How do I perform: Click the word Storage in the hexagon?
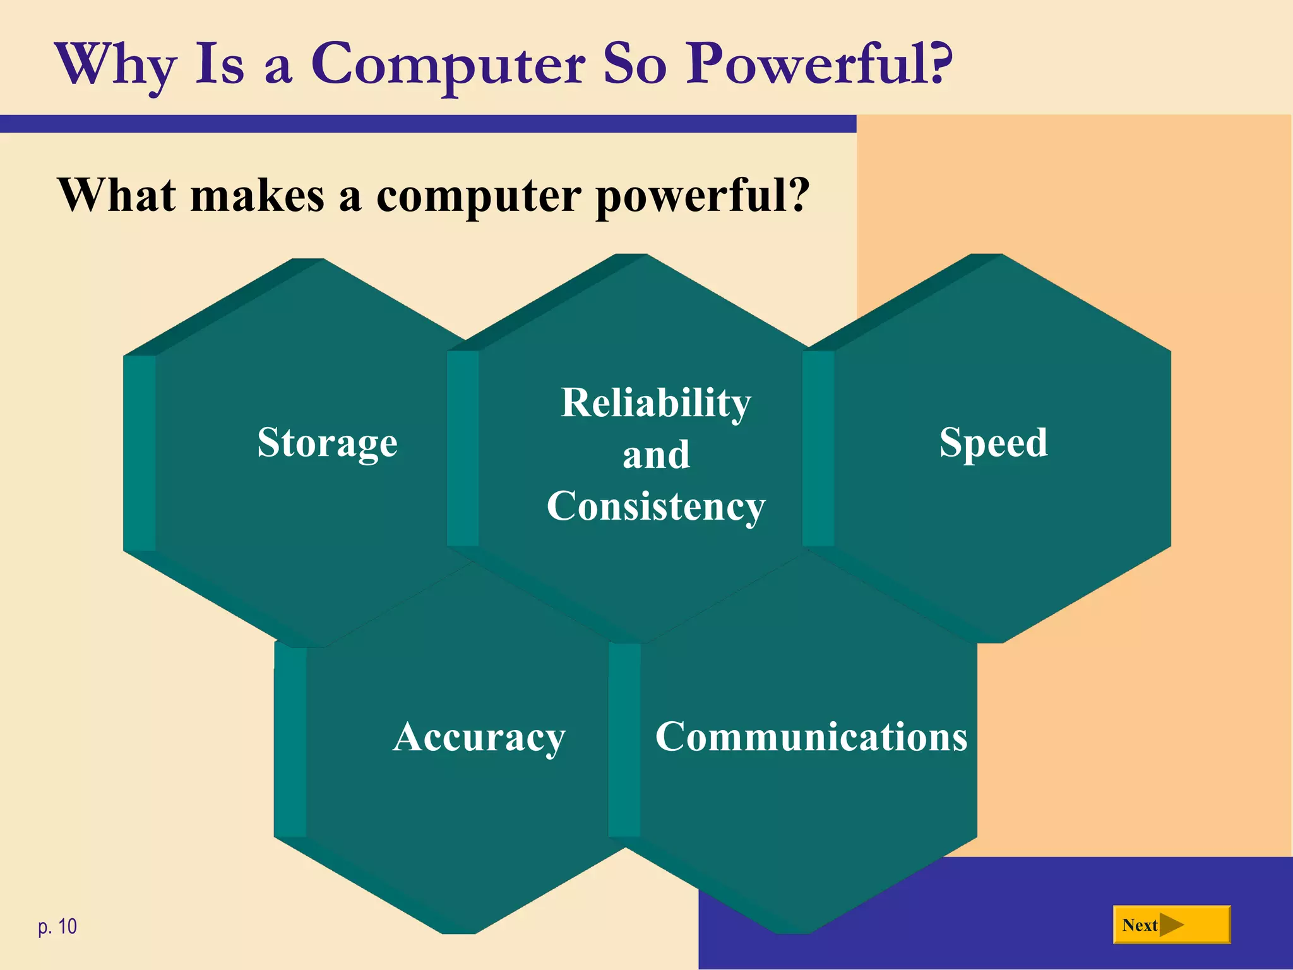click(x=327, y=443)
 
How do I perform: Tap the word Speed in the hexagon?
click(x=993, y=443)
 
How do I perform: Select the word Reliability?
click(x=656, y=403)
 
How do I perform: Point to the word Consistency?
click(x=656, y=506)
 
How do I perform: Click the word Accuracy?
click(x=479, y=737)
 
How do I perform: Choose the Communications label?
click(x=811, y=737)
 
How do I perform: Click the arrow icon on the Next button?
click(x=1172, y=925)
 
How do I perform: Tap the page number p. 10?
click(x=57, y=926)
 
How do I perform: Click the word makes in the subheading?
click(x=257, y=195)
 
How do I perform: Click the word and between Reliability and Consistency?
click(x=656, y=455)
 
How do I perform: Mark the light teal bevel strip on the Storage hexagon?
click(x=140, y=453)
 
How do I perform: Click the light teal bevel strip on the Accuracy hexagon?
click(x=290, y=742)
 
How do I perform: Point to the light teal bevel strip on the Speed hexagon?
click(x=818, y=448)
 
